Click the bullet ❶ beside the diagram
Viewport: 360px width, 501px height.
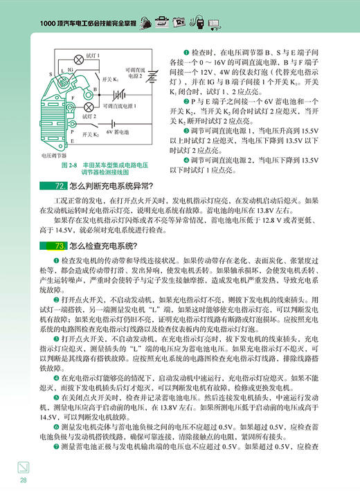186,53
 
